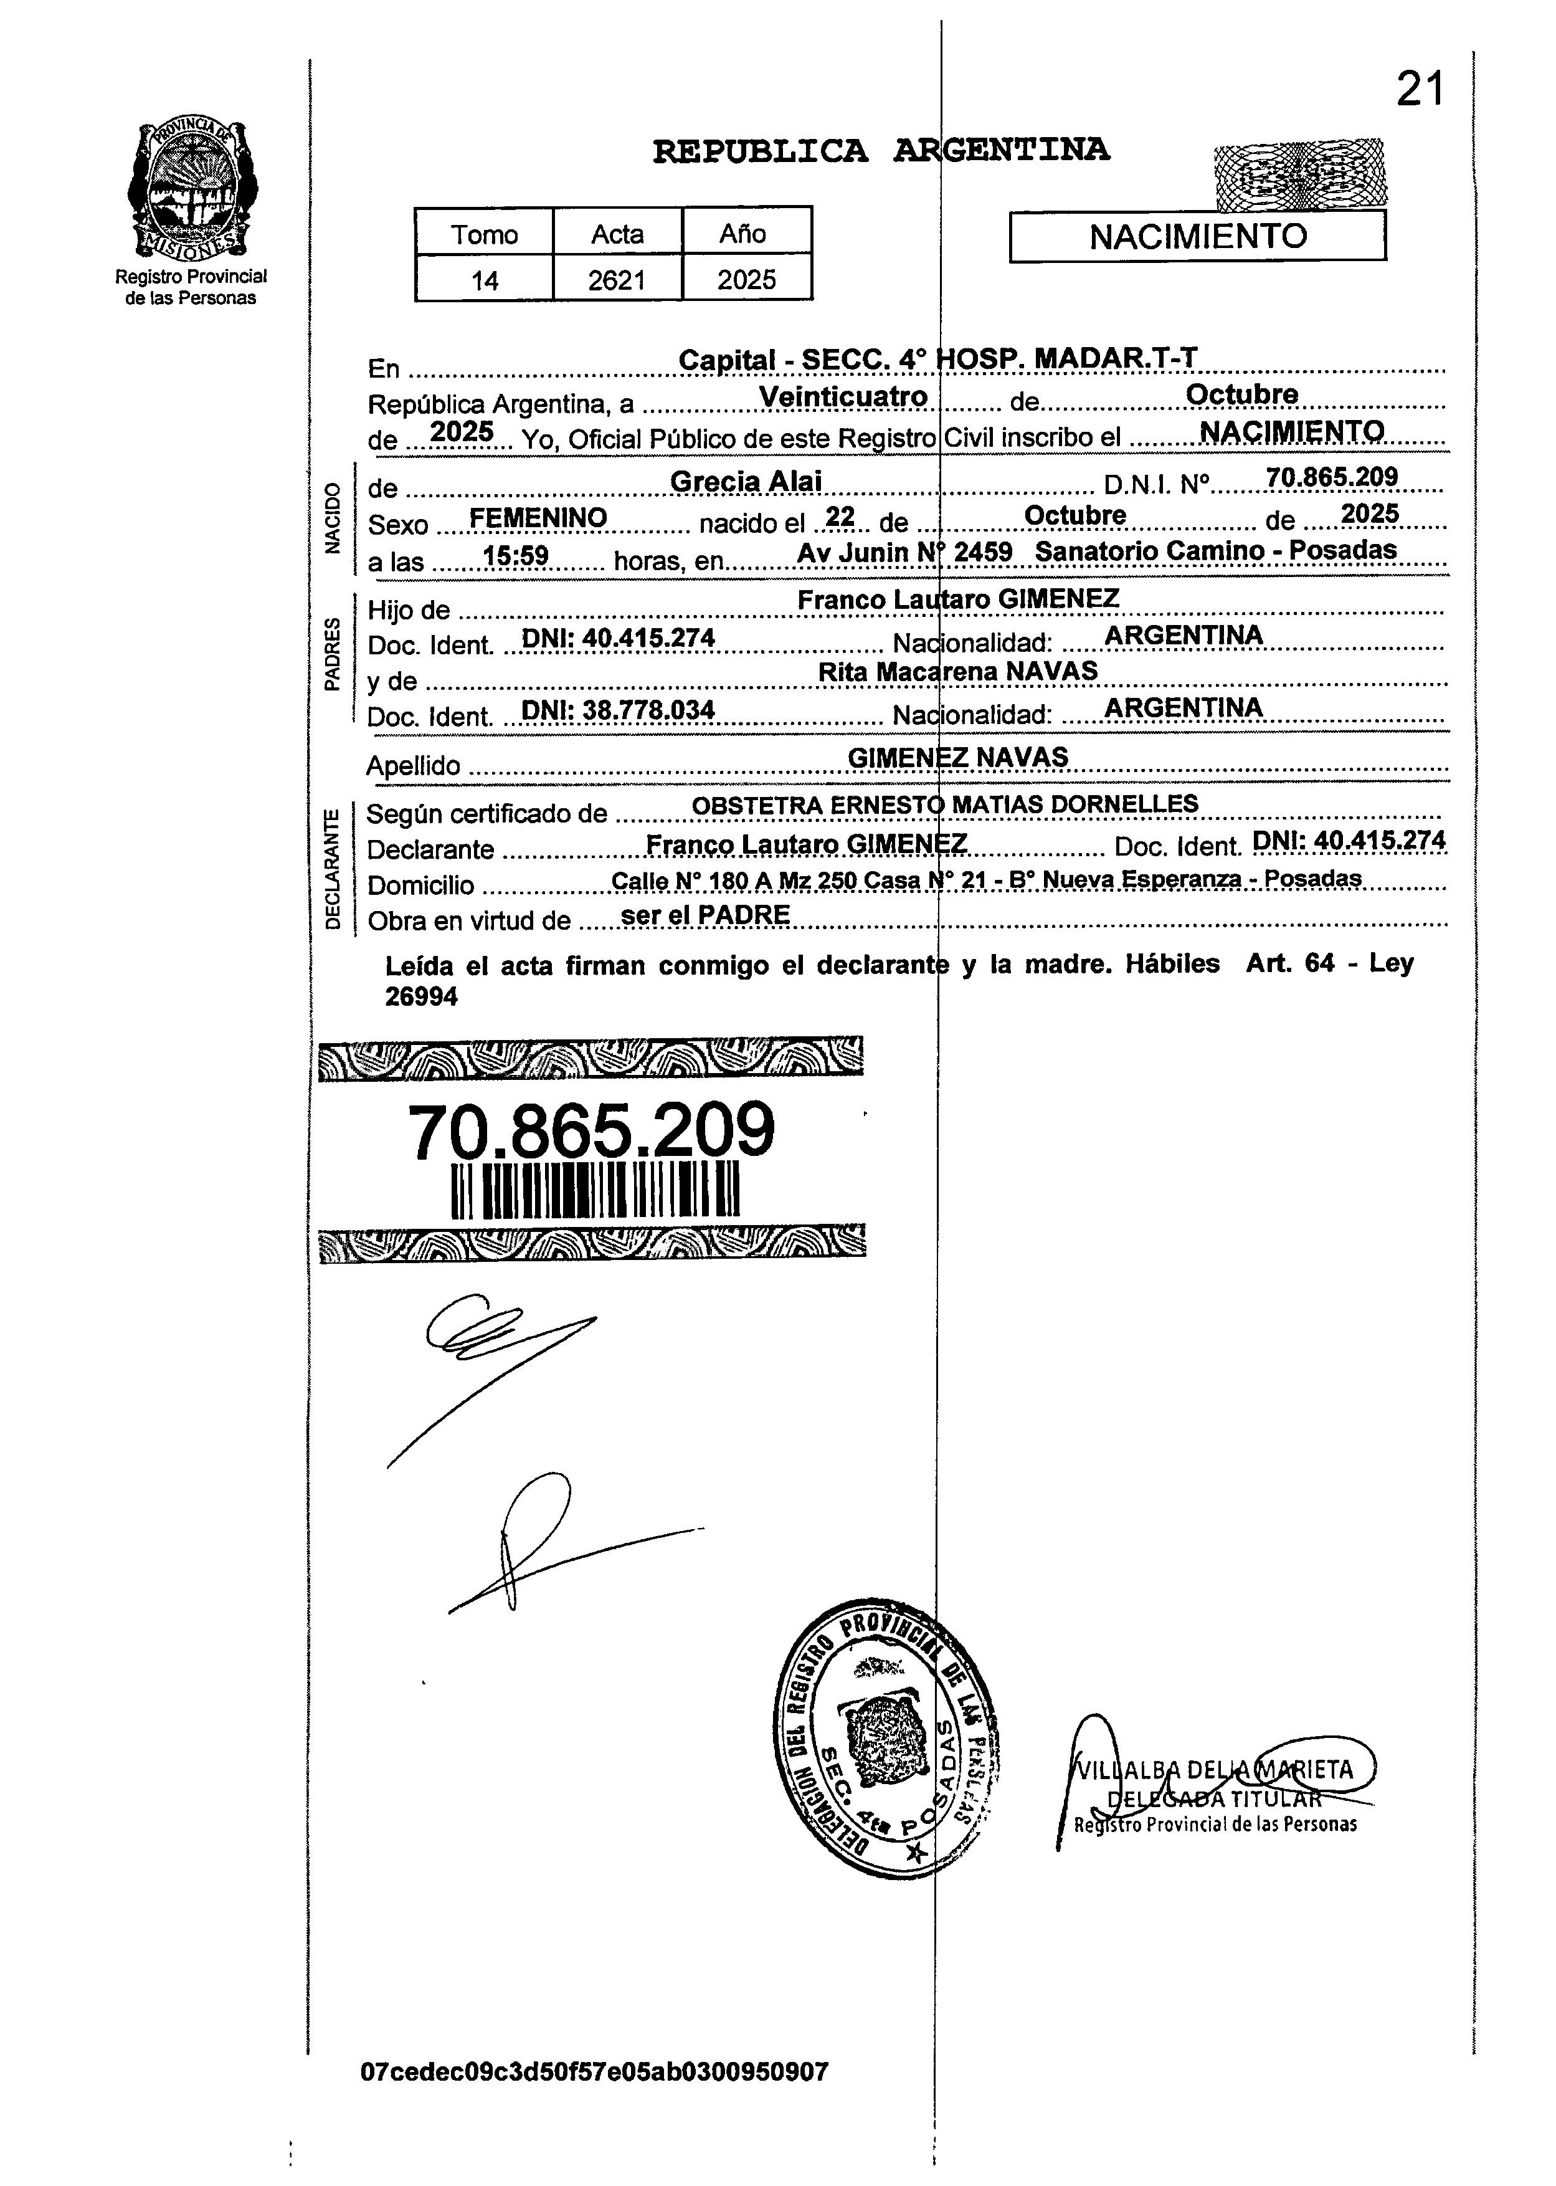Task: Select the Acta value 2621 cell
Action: [617, 280]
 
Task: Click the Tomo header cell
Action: [484, 234]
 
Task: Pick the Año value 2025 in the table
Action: [746, 280]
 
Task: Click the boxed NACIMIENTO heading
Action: [1198, 236]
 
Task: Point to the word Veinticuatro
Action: [843, 397]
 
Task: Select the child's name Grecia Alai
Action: [746, 481]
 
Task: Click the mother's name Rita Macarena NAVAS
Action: [957, 671]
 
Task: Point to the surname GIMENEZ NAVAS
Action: [957, 757]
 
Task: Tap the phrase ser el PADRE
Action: [705, 915]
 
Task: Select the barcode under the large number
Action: [595, 1191]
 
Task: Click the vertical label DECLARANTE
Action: [331, 868]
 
